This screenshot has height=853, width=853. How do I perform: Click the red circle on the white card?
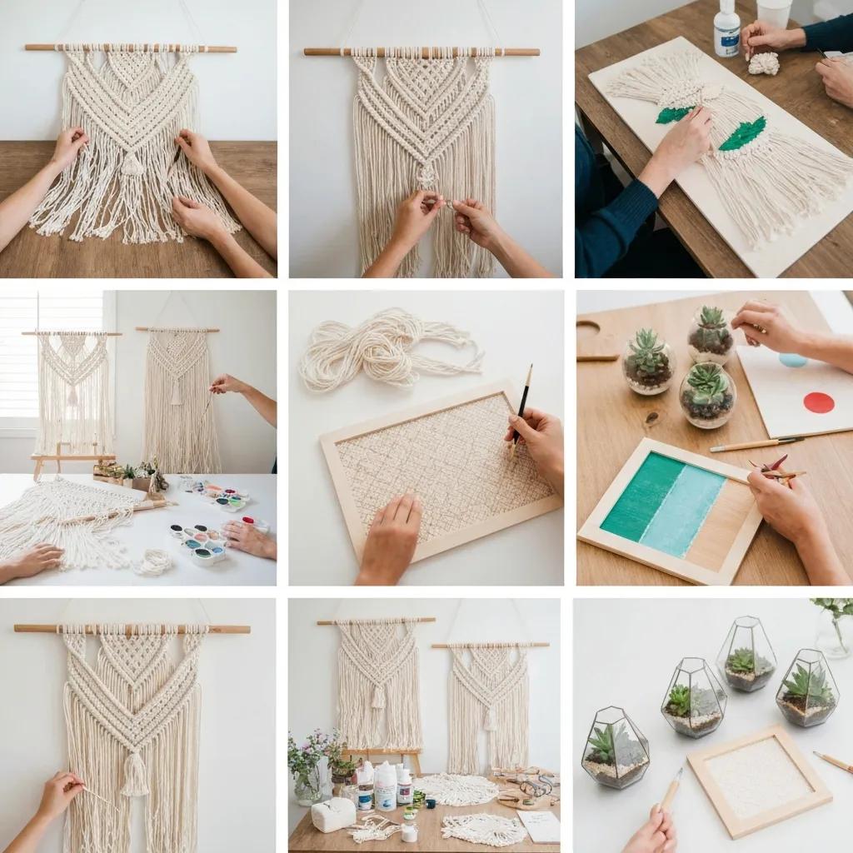tap(819, 402)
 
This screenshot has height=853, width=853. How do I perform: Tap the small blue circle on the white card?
tap(792, 360)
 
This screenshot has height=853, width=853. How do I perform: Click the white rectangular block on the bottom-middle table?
tap(332, 815)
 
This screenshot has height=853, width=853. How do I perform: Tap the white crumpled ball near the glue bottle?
tap(763, 63)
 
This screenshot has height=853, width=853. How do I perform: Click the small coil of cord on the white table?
tap(153, 562)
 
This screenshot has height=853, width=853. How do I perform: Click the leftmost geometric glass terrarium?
tap(615, 747)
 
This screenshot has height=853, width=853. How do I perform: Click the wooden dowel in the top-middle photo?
tap(421, 52)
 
